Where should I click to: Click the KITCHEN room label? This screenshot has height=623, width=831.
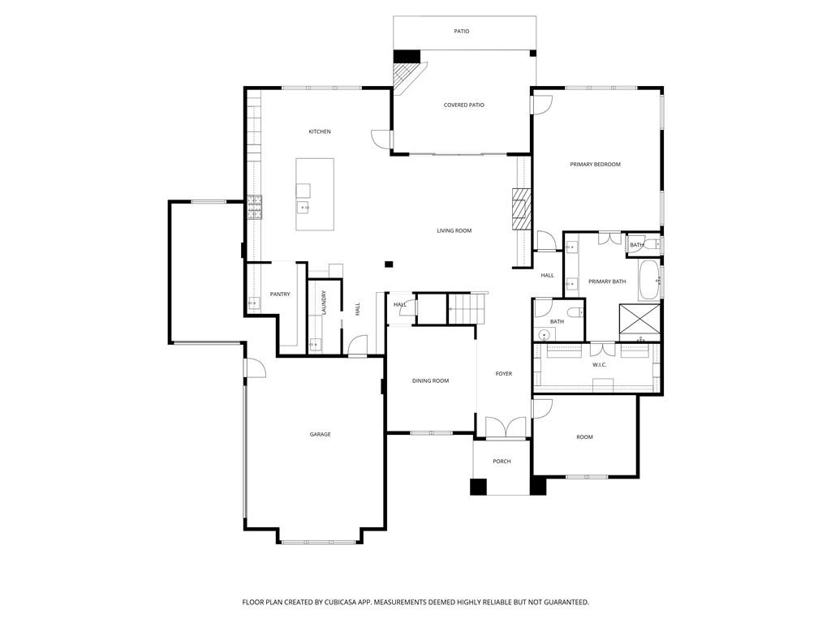click(x=320, y=131)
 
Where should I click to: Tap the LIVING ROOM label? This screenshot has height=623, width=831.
click(x=454, y=231)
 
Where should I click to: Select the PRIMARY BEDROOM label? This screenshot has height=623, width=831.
click(x=595, y=165)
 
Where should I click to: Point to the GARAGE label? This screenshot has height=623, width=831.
click(x=320, y=435)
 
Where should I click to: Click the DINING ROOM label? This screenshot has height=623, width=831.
click(x=430, y=381)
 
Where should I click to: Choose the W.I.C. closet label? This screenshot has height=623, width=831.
click(x=600, y=365)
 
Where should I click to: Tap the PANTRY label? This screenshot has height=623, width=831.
click(x=280, y=294)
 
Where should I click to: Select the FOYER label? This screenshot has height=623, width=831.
click(x=504, y=374)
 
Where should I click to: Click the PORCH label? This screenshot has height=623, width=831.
click(x=502, y=462)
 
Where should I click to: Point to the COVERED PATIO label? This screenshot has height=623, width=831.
click(x=464, y=105)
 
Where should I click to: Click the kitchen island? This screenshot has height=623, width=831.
click(x=315, y=195)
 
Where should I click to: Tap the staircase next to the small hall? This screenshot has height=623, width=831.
click(x=463, y=308)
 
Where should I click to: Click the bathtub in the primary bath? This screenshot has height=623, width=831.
click(x=650, y=280)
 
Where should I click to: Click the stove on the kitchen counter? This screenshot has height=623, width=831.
click(x=255, y=207)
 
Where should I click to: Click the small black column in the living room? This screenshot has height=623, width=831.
click(x=389, y=264)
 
